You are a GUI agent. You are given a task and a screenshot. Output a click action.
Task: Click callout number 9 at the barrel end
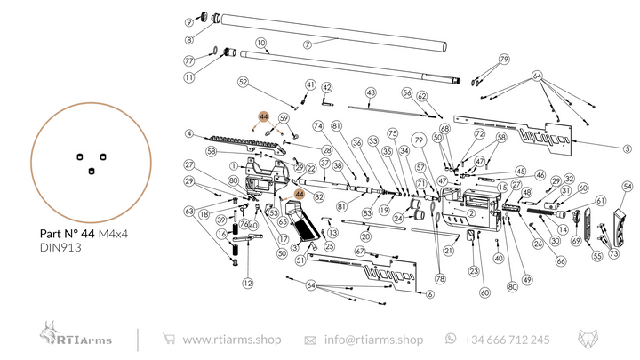[x=189, y=21]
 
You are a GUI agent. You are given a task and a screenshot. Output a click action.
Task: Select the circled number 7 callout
[x=306, y=44]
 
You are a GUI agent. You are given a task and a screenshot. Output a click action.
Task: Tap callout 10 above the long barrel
[x=260, y=43]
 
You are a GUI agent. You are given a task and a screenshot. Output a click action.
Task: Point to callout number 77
[x=188, y=60]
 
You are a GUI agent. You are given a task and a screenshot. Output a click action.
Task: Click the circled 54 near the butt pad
[x=627, y=187]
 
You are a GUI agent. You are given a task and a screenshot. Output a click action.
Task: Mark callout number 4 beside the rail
[x=189, y=134]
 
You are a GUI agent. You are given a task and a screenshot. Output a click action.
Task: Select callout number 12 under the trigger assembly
[x=247, y=283]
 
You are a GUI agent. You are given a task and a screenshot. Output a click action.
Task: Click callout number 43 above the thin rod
[x=371, y=92]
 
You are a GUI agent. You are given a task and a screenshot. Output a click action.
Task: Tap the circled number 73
[x=613, y=254]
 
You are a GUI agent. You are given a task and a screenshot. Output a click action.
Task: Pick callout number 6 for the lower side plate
[x=429, y=294]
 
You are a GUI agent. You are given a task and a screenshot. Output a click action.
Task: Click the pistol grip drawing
[x=301, y=227]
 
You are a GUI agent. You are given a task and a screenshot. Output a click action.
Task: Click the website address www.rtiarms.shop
[x=231, y=340]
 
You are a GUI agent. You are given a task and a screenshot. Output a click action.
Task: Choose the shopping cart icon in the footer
[x=168, y=340]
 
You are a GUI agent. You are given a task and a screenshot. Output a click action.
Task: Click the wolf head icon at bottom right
[x=589, y=340]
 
